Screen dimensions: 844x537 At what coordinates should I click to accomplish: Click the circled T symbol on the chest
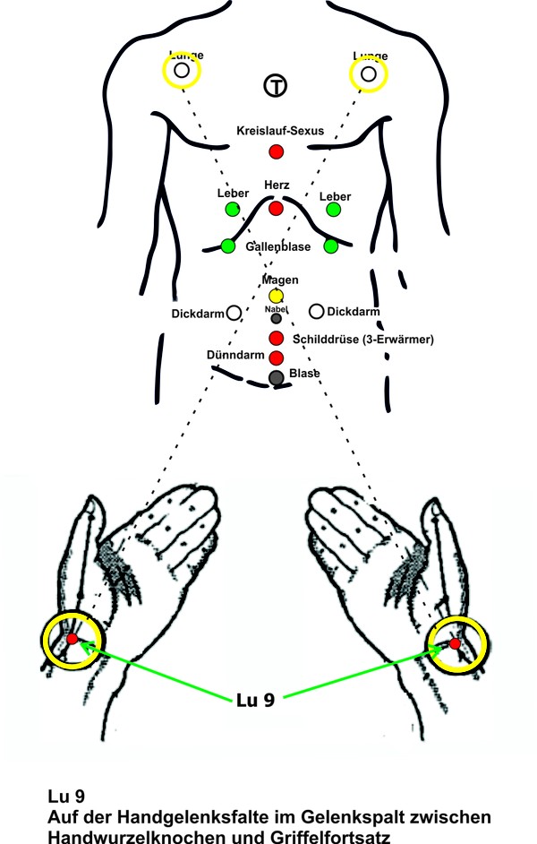tap(276, 86)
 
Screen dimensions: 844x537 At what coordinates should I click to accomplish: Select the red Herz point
tap(276, 208)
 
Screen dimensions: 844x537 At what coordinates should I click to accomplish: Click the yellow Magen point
tap(276, 296)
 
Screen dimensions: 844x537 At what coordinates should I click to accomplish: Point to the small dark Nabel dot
tap(276, 318)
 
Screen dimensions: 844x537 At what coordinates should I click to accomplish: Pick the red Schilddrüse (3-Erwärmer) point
tap(276, 338)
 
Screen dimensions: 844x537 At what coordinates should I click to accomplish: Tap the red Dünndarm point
tap(276, 357)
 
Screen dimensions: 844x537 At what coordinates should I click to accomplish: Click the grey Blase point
tap(276, 377)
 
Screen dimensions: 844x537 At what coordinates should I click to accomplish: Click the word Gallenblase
tap(277, 245)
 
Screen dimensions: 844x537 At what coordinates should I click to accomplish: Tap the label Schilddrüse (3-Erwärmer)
tap(363, 339)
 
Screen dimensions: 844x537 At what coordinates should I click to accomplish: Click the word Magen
tap(276, 280)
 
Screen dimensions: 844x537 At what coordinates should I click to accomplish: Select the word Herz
tap(276, 185)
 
